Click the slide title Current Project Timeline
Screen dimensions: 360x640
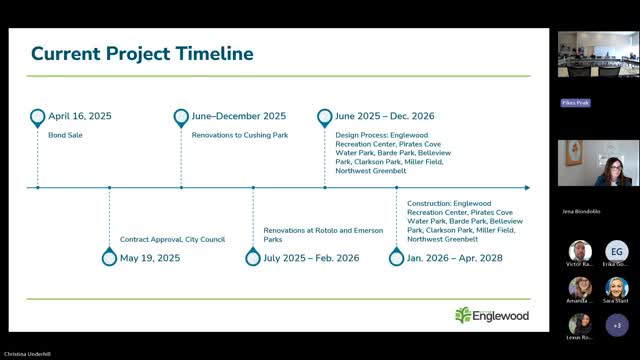(141, 53)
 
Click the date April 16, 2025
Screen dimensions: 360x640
(80, 116)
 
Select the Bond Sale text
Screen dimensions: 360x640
(65, 133)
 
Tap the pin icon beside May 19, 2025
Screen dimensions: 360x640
(109, 258)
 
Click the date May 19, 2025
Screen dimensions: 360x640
(150, 258)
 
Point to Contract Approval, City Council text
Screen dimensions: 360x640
(172, 239)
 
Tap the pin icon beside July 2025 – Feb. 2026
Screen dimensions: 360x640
(253, 258)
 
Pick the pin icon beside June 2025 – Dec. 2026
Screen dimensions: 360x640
(324, 117)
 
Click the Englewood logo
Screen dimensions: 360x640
(491, 315)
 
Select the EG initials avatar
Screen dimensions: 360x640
(616, 252)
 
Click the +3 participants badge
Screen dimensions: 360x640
(616, 324)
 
